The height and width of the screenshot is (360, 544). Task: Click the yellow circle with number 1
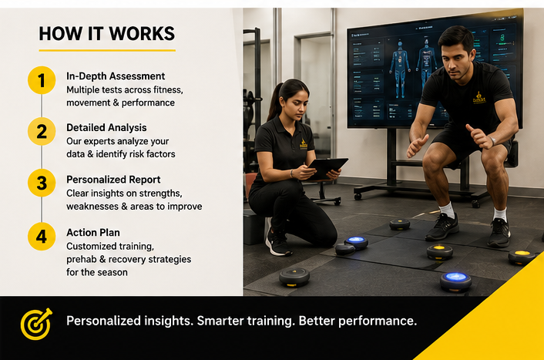pyautogui.click(x=42, y=80)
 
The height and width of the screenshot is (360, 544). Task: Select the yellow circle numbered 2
pyautogui.click(x=42, y=131)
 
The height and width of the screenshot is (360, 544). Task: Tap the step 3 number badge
pyautogui.click(x=42, y=183)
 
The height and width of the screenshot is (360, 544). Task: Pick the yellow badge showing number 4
pyautogui.click(x=42, y=237)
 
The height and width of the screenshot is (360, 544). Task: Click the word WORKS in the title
pyautogui.click(x=142, y=34)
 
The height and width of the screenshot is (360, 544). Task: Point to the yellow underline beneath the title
pyautogui.click(x=107, y=50)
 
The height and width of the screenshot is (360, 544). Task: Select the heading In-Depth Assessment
pyautogui.click(x=116, y=76)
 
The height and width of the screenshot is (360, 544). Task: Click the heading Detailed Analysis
pyautogui.click(x=106, y=128)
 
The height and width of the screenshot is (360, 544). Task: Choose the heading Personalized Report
pyautogui.click(x=113, y=180)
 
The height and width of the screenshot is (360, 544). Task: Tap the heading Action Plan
pyautogui.click(x=93, y=232)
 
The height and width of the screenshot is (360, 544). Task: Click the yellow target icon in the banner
pyautogui.click(x=36, y=324)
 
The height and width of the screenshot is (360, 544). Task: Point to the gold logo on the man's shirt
pyautogui.click(x=479, y=97)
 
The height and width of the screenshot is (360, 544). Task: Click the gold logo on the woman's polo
pyautogui.click(x=304, y=144)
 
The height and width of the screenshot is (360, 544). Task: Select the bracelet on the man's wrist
pyautogui.click(x=492, y=140)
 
